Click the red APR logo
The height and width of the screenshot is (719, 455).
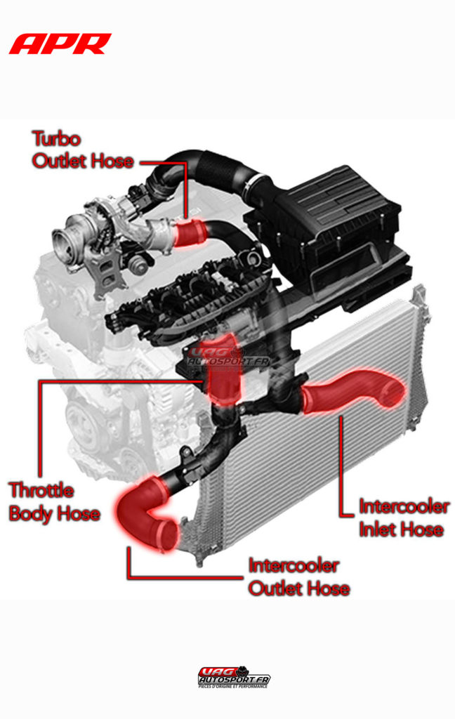[60, 44]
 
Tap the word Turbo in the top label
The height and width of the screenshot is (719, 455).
[57, 138]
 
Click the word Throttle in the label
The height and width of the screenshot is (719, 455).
[41, 489]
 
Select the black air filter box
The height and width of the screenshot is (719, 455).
[337, 218]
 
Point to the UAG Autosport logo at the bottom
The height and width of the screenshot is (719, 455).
[234, 678]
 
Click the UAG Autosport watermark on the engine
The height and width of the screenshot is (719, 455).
[228, 358]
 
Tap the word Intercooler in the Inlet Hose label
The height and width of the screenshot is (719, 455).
[404, 506]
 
